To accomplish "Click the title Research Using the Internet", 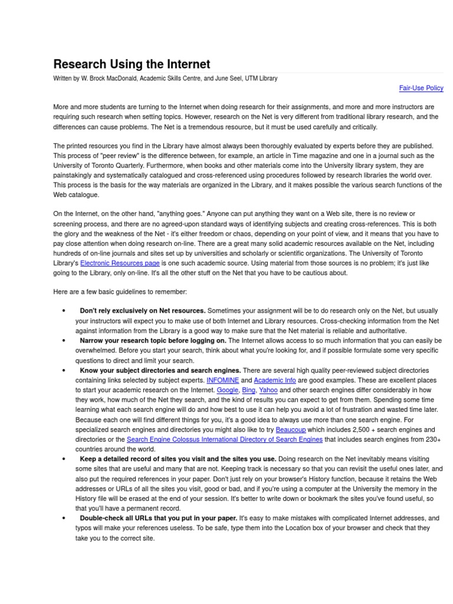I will click(132, 64).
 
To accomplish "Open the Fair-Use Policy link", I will click(421, 88).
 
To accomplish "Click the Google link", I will click(227, 390).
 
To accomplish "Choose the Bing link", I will click(249, 390).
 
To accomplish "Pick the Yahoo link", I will click(268, 390).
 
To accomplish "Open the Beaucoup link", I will click(291, 430).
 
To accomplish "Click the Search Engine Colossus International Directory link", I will click(225, 439).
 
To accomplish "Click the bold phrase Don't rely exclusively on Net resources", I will click(143, 311).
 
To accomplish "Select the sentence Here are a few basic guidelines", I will click(120, 292).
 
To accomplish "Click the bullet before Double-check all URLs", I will click(63, 518).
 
